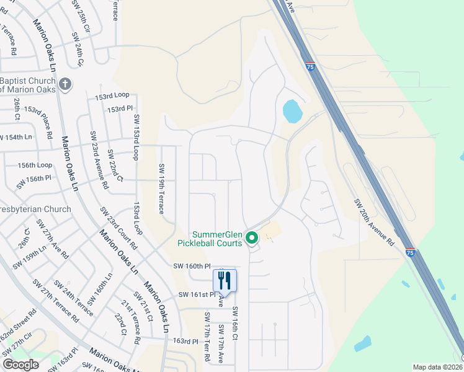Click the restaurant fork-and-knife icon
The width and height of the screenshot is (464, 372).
coord(225,280)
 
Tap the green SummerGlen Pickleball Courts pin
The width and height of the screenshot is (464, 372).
coord(252,237)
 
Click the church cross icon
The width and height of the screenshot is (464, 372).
coord(66,84)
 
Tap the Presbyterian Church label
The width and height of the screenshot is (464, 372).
coord(36,210)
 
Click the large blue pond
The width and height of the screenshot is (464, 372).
coord(292,112)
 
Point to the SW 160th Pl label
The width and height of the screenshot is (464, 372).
coord(192,266)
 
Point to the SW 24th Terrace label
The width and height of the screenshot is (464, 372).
coord(73,299)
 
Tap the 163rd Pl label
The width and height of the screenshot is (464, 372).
coord(185,341)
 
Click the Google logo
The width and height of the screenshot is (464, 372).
coord(20,365)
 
